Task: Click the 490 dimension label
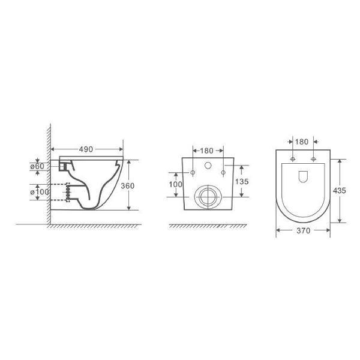(x=86, y=149)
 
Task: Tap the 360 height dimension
(x=127, y=185)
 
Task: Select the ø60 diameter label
(x=37, y=166)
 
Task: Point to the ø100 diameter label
(x=40, y=191)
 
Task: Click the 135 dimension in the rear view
(x=242, y=182)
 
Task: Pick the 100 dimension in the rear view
(x=176, y=184)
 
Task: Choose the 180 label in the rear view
(x=206, y=151)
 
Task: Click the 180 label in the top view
(x=301, y=142)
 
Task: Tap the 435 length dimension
(x=339, y=191)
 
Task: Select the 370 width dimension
(x=303, y=230)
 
